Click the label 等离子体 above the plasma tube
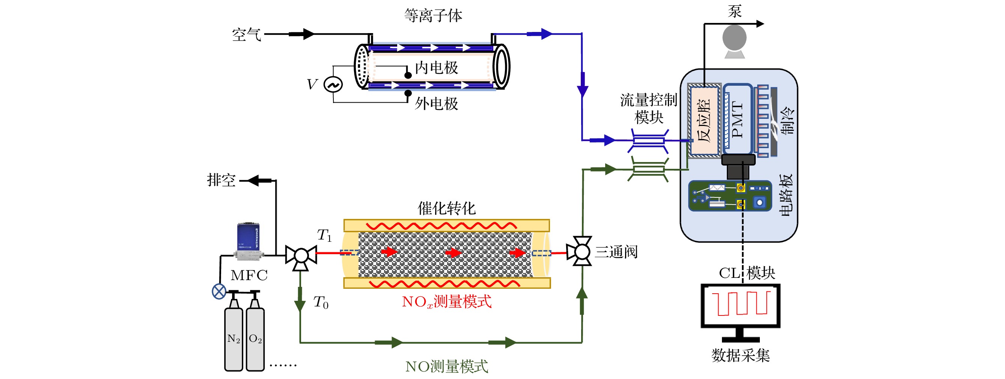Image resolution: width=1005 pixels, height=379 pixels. coord(433,16)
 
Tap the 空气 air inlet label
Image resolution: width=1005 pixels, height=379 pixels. coord(246,35)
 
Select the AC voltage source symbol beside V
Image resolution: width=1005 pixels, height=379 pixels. coord(333,84)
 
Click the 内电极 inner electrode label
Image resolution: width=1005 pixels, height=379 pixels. coord(436,68)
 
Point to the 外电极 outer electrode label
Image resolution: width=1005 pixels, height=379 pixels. coord(436,104)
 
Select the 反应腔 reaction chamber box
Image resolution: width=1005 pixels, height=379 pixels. coord(704,120)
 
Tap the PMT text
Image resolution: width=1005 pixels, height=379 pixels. coord(737,120)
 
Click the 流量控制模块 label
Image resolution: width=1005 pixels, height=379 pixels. coord(648,109)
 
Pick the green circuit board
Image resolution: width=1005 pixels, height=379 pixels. coord(730,196)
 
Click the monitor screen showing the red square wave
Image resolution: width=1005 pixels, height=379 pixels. coord(740,305)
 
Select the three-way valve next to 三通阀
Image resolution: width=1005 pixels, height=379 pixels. coord(581,251)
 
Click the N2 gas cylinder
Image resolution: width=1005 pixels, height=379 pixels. coord(234,338)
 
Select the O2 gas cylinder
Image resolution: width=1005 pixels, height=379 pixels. coord(255,338)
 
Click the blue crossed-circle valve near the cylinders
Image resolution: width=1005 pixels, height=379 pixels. coord(219,291)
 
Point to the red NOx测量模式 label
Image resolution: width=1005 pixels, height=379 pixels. coord(447,302)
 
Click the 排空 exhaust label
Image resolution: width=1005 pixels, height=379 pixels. coord(221,180)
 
